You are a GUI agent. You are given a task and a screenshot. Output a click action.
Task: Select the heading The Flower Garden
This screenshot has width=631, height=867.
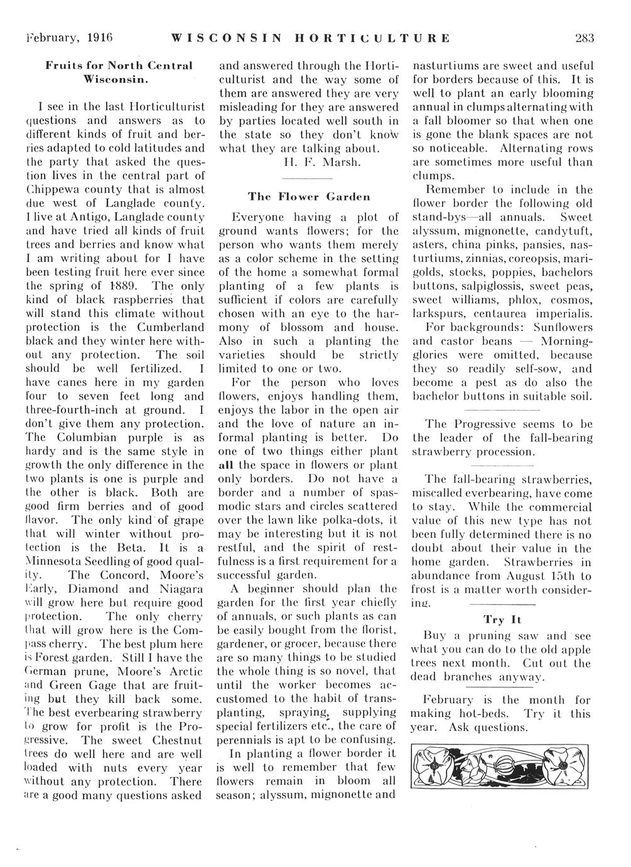pos(308,196)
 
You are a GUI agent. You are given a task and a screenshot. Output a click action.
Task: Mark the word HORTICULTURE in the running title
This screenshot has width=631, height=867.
pos(370,38)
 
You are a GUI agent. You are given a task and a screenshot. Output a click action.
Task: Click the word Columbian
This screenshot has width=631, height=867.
pos(81,437)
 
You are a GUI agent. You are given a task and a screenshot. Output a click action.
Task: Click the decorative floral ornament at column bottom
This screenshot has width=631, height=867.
pos(502,765)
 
